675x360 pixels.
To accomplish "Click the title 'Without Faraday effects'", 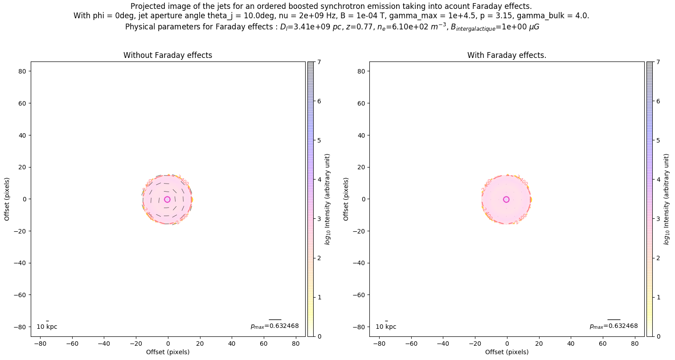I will tap(168, 55).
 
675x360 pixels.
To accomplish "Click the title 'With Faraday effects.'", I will tap(507, 55).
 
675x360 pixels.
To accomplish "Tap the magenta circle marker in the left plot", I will tap(167, 199).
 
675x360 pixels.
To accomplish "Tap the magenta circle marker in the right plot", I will tap(506, 199).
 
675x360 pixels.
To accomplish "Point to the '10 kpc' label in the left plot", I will tap(47, 327).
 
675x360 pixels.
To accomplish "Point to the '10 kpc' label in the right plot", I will tap(386, 327).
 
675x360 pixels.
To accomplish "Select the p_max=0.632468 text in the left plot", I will tap(274, 326).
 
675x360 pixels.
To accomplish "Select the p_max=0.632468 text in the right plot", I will tap(614, 326).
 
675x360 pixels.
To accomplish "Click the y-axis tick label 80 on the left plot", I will tap(24, 71).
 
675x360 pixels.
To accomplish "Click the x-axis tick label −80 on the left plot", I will tap(40, 344).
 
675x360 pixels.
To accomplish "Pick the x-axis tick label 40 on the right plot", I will tap(571, 344).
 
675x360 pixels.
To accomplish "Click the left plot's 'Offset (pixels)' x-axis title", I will tap(168, 352).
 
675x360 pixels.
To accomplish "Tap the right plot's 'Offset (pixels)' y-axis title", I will tap(346, 199).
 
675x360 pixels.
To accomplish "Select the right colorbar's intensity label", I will tap(667, 199).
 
